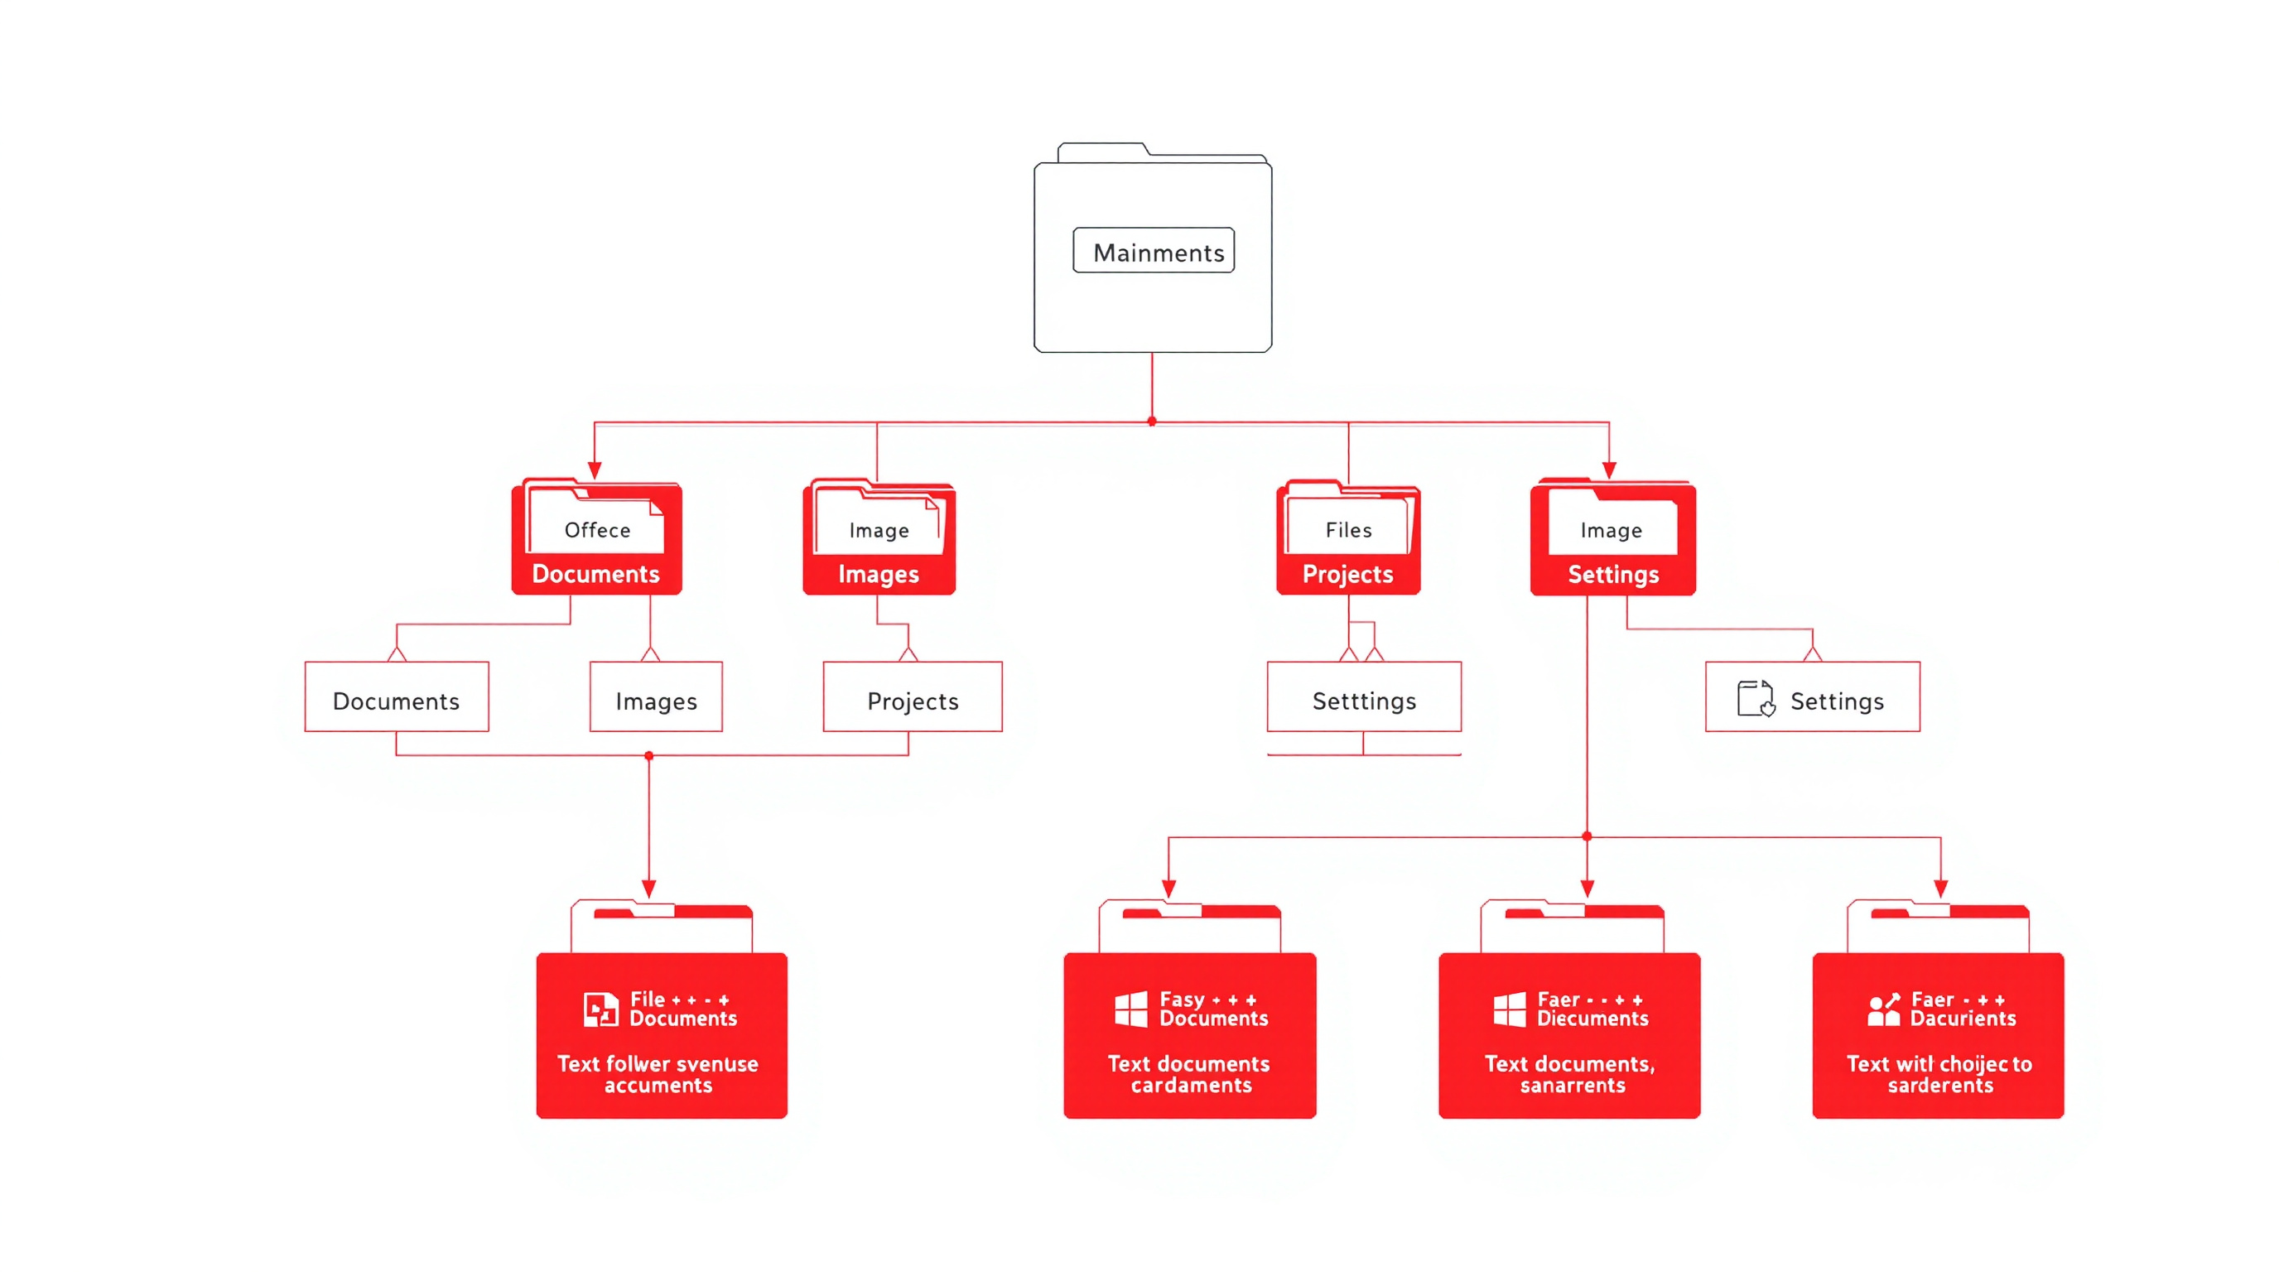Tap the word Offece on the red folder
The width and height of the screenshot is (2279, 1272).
pyautogui.click(x=597, y=530)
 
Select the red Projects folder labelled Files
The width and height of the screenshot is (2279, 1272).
pyautogui.click(x=1347, y=540)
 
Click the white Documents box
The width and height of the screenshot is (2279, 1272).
pyautogui.click(x=397, y=700)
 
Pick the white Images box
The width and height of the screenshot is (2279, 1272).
pyautogui.click(x=656, y=700)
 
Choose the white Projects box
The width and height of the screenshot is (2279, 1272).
pyautogui.click(x=912, y=700)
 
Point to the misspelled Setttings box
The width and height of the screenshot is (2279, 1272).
pyautogui.click(x=1363, y=700)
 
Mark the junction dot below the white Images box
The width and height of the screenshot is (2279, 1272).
pyautogui.click(x=649, y=755)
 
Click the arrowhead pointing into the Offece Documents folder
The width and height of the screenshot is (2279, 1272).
pyautogui.click(x=595, y=470)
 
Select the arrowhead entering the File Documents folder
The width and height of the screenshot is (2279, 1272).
pyautogui.click(x=649, y=888)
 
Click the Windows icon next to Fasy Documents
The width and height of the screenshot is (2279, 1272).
pyautogui.click(x=1130, y=1009)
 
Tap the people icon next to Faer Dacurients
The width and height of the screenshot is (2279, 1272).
pyautogui.click(x=1883, y=1009)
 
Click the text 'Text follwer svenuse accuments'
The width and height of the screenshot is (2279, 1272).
pyautogui.click(x=658, y=1074)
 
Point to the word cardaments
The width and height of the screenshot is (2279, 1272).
pyautogui.click(x=1191, y=1086)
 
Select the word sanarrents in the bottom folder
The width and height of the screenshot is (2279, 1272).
pyautogui.click(x=1572, y=1086)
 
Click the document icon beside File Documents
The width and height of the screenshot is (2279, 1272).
pyautogui.click(x=600, y=1009)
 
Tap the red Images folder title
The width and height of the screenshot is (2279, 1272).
pyautogui.click(x=879, y=574)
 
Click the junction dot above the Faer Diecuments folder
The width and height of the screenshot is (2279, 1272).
pyautogui.click(x=1588, y=836)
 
